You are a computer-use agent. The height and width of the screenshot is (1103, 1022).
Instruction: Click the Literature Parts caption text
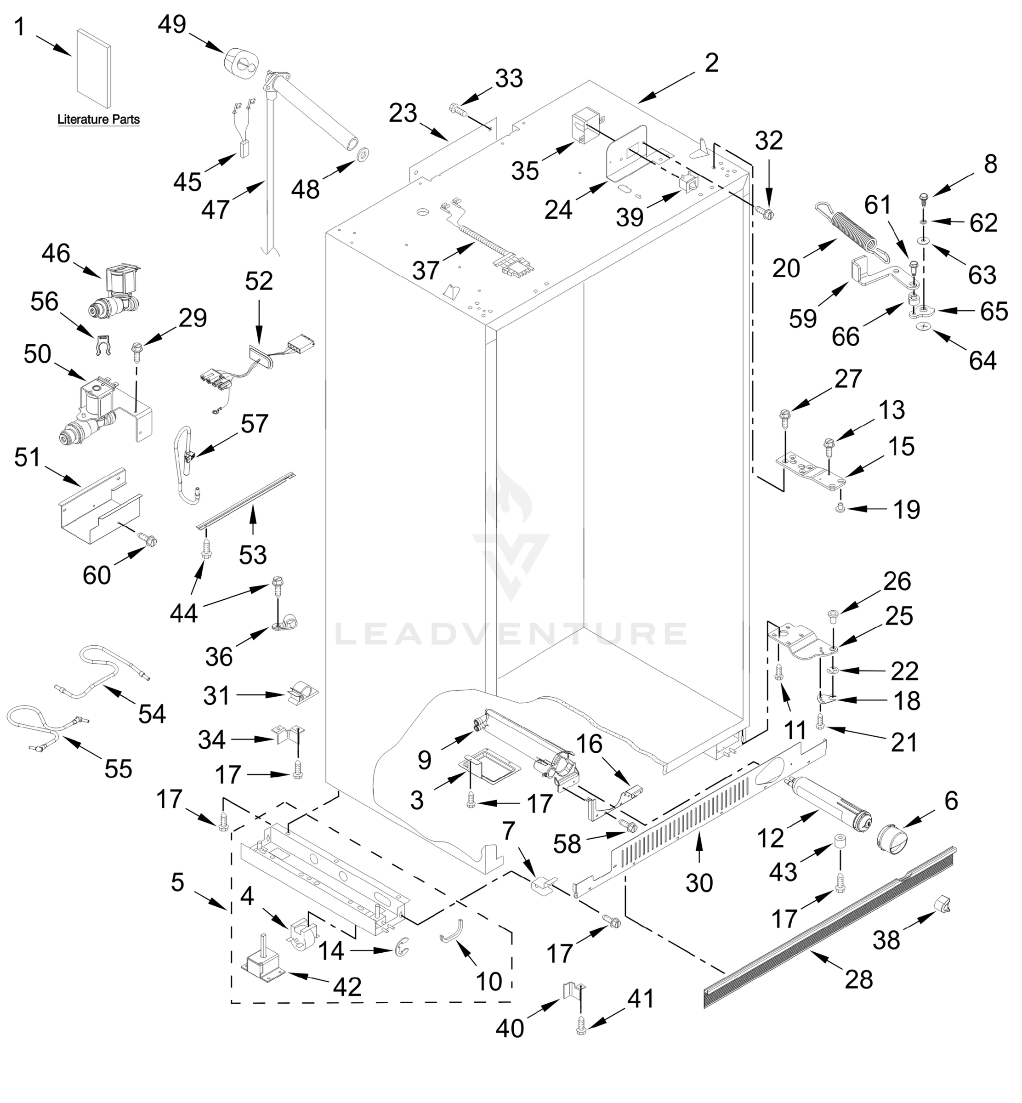click(98, 119)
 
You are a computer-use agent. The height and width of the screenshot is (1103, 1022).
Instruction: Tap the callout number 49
click(172, 25)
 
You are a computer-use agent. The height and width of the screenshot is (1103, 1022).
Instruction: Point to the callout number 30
click(699, 883)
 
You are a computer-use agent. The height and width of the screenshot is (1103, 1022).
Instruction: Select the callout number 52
click(258, 282)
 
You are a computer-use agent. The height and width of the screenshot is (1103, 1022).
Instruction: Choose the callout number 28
click(858, 980)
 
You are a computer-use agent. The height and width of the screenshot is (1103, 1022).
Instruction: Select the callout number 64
click(982, 361)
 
